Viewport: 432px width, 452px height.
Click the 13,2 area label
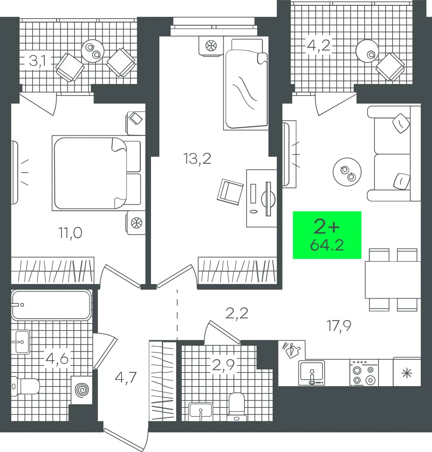[x=197, y=159]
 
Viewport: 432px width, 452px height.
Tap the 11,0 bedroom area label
[x=70, y=233]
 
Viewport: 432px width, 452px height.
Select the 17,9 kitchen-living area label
[x=339, y=326]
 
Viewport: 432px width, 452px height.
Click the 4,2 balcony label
[x=318, y=45]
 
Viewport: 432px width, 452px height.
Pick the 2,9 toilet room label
[x=223, y=365]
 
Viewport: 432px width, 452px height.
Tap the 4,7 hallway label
[x=126, y=377]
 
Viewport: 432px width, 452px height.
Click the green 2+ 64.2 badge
[x=327, y=235]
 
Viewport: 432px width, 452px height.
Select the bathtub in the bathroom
[x=51, y=305]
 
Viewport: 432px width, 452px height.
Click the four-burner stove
[x=364, y=373]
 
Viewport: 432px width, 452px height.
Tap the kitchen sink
[x=312, y=373]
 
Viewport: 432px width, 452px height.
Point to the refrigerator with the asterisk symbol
[x=407, y=372]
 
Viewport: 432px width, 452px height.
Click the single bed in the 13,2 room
[x=246, y=84]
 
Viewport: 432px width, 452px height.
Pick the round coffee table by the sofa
[x=347, y=172]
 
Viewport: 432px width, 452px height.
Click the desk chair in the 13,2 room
[x=230, y=192]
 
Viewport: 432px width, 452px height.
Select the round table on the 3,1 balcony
[x=92, y=51]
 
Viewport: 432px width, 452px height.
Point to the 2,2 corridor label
[x=237, y=313]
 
